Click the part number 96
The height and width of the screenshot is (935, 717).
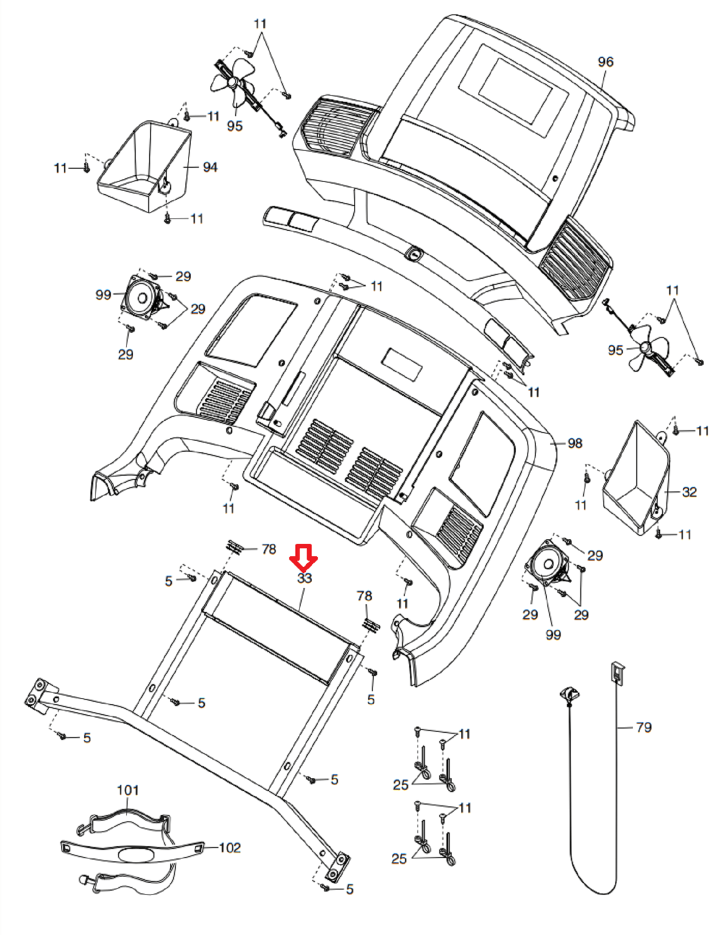605,62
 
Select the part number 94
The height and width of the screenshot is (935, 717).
210,167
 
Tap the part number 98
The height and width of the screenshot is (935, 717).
575,444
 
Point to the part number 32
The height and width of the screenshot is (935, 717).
689,492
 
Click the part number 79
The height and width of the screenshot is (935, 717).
643,728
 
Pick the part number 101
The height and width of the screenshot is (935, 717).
127,790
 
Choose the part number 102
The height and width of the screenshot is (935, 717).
229,847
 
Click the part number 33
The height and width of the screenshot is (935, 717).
305,578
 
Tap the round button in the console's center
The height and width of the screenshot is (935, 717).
414,254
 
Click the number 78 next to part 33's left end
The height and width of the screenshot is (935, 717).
268,549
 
